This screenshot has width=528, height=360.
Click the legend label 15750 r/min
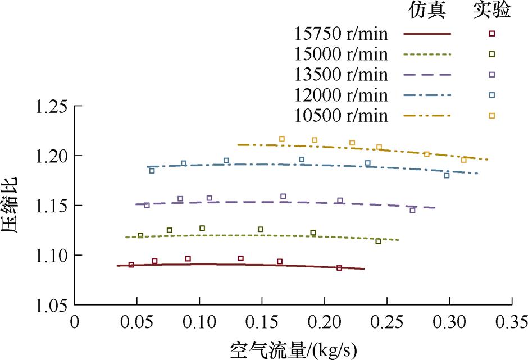tap(341, 34)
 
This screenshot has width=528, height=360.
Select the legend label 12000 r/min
tap(341, 95)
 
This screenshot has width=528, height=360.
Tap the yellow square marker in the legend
tap(491, 116)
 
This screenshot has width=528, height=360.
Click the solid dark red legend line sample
tap(427, 34)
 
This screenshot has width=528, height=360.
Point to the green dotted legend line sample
tap(427, 54)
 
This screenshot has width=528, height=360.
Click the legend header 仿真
tap(426, 11)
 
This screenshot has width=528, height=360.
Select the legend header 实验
tap(490, 11)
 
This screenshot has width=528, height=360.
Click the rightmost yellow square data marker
tap(463, 160)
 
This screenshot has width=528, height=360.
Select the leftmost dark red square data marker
tap(131, 265)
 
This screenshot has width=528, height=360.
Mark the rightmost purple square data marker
tap(412, 210)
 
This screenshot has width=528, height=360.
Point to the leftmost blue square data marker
tap(152, 171)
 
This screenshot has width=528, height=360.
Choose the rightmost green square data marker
tap(378, 241)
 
